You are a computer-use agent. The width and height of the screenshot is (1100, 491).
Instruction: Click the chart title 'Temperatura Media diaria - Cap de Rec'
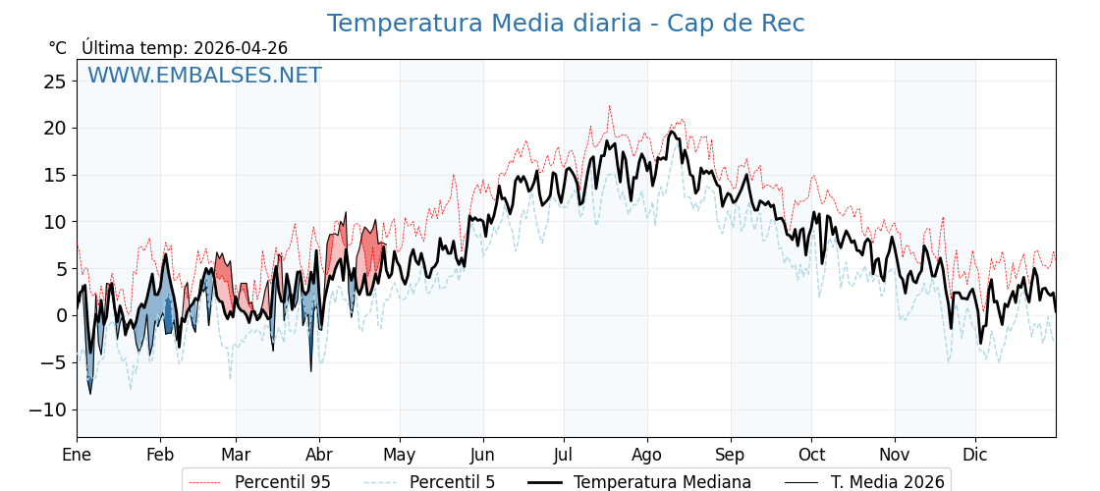click(x=566, y=24)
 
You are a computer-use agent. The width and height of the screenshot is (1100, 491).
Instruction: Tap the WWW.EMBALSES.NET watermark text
click(x=204, y=76)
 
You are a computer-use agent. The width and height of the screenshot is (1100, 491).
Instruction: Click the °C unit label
click(x=57, y=48)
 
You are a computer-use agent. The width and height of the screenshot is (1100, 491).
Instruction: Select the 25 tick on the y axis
click(x=54, y=82)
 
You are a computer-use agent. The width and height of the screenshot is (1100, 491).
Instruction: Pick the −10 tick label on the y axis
click(x=49, y=409)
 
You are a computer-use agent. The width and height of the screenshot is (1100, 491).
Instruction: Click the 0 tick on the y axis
click(x=60, y=315)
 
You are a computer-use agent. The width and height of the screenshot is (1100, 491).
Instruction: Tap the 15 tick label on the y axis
click(x=54, y=175)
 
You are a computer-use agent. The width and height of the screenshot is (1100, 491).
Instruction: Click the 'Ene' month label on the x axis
click(x=77, y=455)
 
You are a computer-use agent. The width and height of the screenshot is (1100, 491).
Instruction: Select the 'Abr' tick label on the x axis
click(x=319, y=455)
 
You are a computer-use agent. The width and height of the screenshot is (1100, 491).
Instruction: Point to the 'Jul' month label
click(x=564, y=455)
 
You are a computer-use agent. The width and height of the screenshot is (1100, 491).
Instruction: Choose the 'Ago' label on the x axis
click(x=647, y=455)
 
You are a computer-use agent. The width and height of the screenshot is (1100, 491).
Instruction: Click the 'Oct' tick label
click(x=811, y=455)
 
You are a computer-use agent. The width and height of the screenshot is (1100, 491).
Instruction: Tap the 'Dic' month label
click(x=975, y=455)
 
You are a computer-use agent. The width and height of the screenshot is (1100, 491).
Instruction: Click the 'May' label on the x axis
click(x=400, y=455)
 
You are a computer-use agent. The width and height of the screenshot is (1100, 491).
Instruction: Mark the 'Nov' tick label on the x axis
click(x=895, y=455)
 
